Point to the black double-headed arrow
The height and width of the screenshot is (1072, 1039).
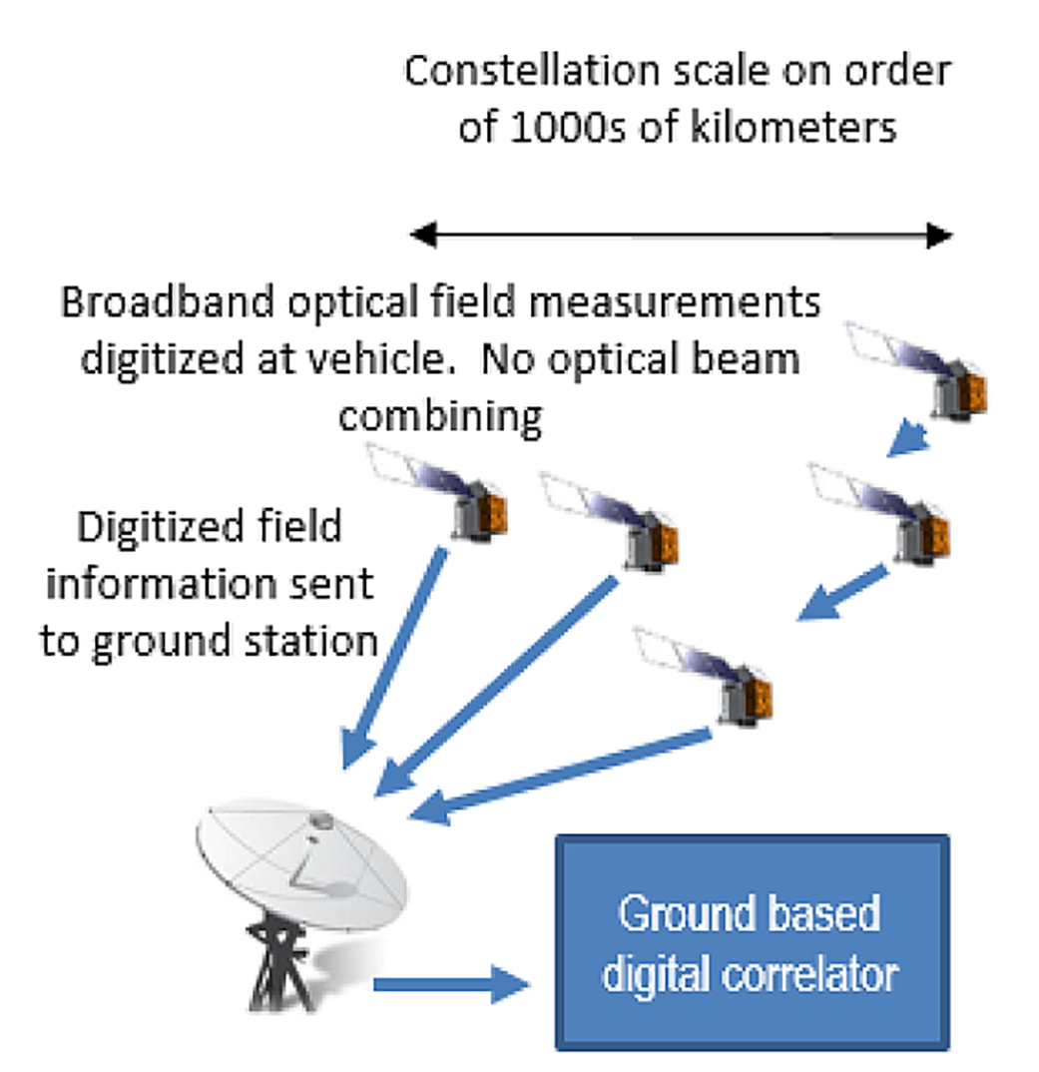pos(682,236)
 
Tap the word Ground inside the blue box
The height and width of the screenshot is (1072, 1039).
pos(674,912)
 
